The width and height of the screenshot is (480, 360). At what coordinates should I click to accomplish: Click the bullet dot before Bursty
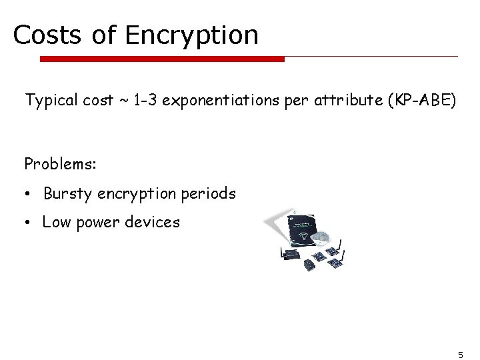coord(29,195)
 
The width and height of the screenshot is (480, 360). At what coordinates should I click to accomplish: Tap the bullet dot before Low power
coord(29,223)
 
